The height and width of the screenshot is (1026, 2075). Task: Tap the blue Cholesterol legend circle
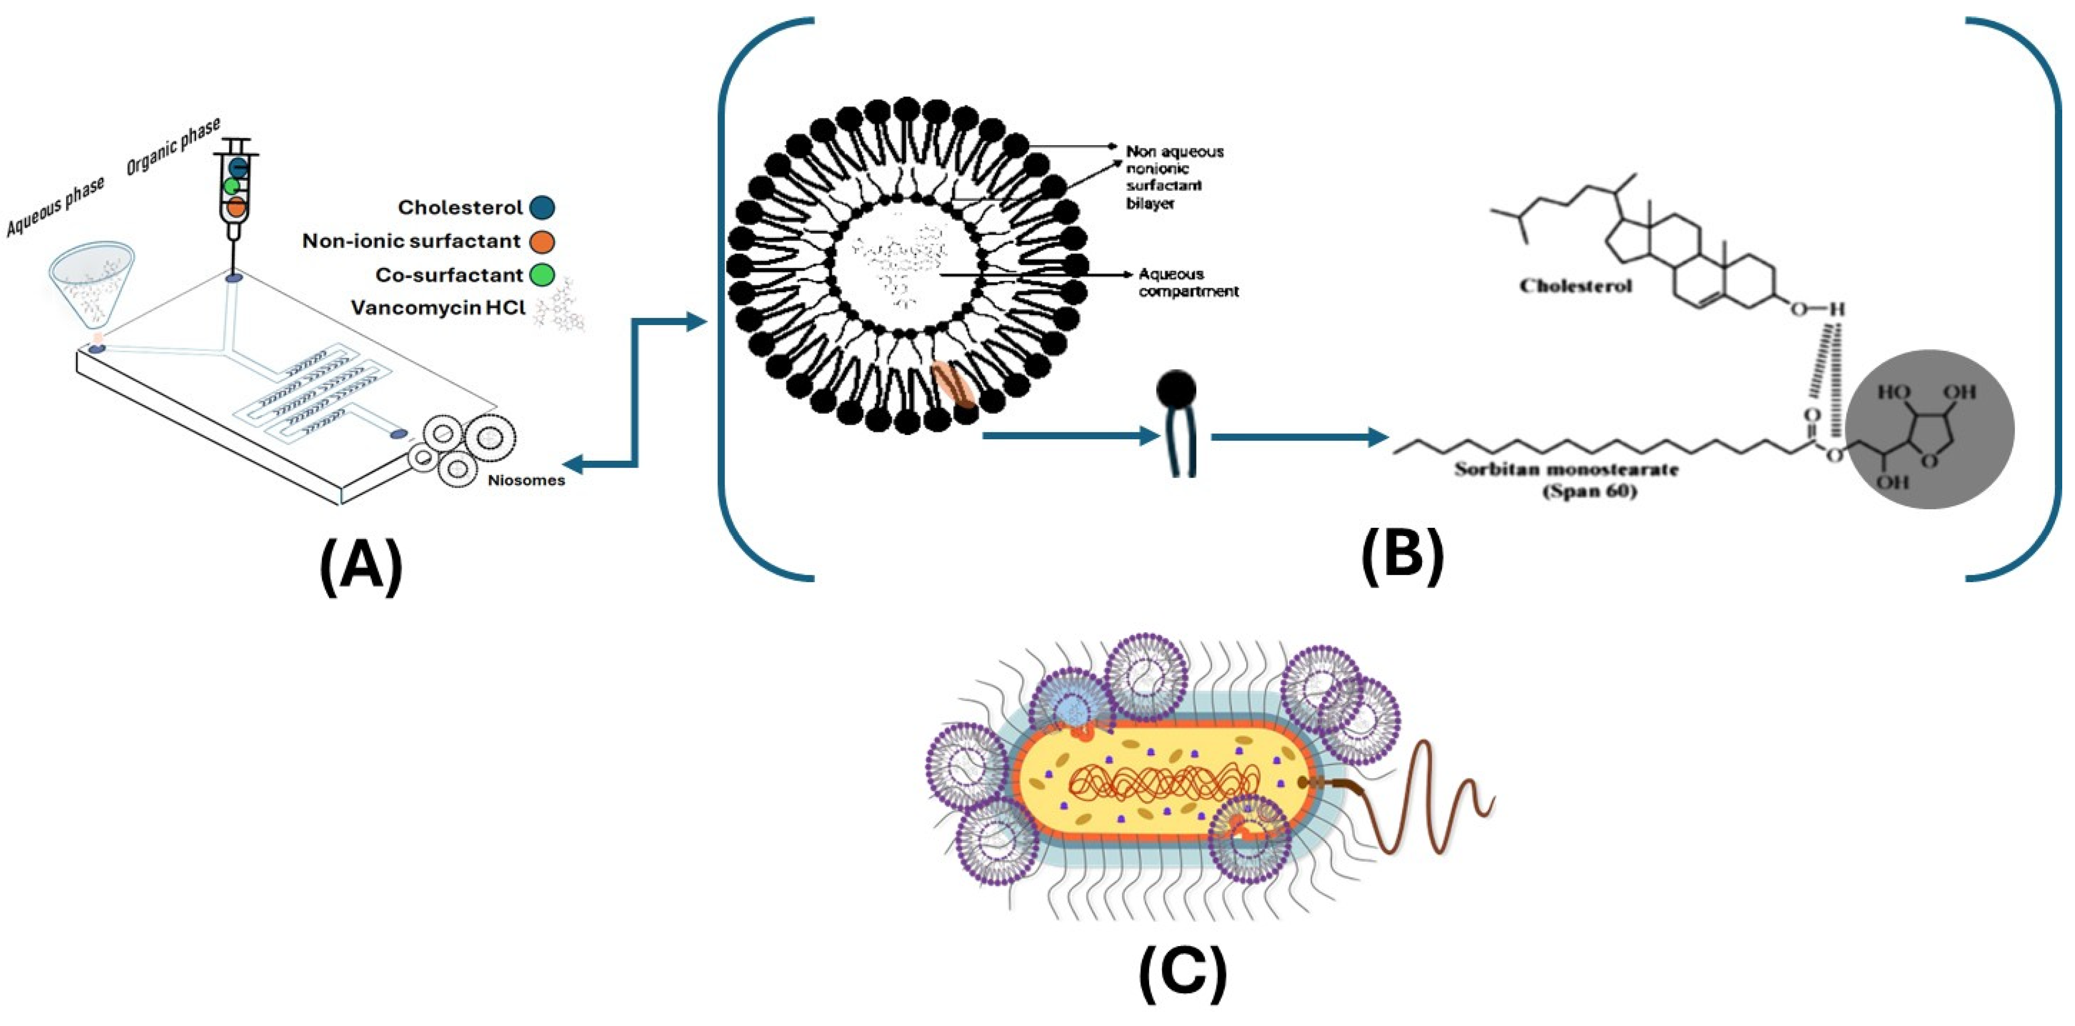pyautogui.click(x=542, y=208)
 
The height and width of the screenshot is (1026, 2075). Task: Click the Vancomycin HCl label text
pyautogui.click(x=438, y=308)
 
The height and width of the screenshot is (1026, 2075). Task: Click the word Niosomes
pyautogui.click(x=526, y=480)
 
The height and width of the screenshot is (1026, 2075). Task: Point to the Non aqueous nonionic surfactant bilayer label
pyautogui.click(x=1175, y=177)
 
